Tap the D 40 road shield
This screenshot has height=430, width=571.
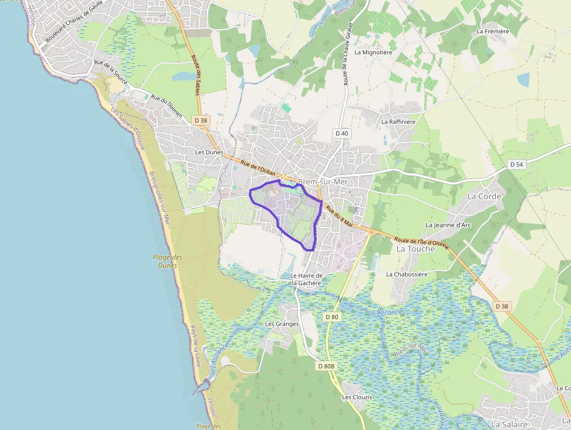[342, 134]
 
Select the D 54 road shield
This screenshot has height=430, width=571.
[516, 165]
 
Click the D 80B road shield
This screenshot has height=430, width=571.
[327, 366]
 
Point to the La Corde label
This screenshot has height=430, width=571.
[484, 196]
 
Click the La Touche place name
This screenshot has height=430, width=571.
[415, 249]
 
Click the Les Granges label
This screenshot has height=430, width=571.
[282, 324]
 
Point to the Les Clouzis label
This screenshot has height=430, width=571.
[357, 397]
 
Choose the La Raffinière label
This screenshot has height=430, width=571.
[399, 122]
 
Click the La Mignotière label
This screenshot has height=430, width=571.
[373, 52]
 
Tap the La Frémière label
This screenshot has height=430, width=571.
[493, 31]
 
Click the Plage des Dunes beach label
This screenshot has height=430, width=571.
[167, 261]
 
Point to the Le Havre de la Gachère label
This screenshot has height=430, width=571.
[306, 279]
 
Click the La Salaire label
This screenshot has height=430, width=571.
[509, 424]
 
